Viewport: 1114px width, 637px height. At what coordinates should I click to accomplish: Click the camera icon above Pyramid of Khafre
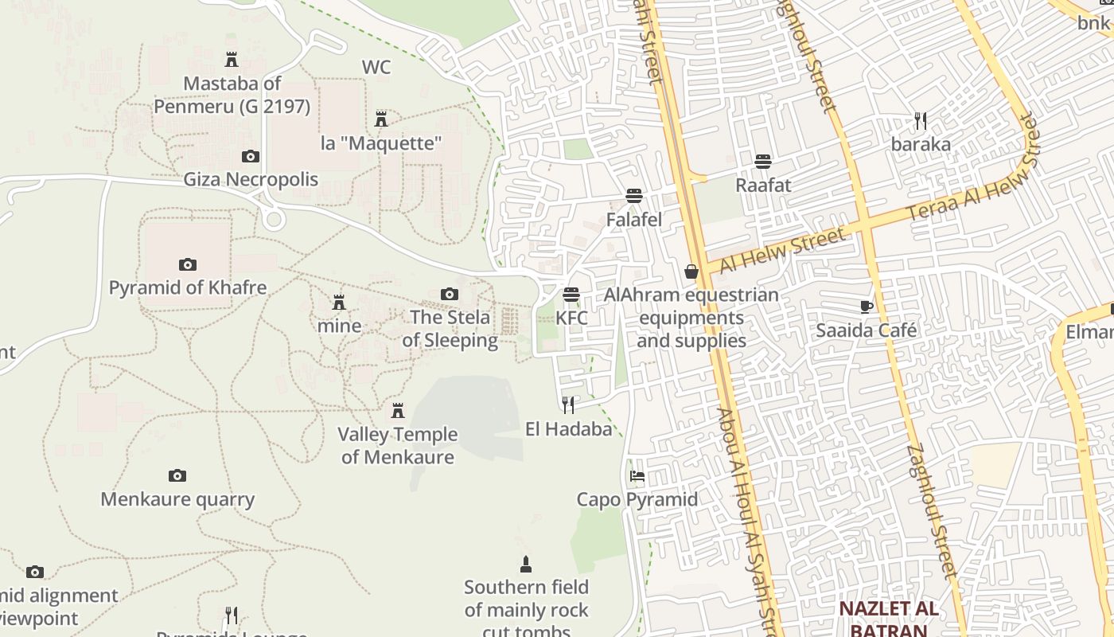pyautogui.click(x=188, y=264)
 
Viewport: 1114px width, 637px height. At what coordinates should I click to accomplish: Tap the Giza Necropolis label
pyautogui.click(x=251, y=179)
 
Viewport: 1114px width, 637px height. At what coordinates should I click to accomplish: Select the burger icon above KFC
pyautogui.click(x=571, y=295)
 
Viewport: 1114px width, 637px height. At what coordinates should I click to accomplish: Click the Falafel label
pyautogui.click(x=634, y=219)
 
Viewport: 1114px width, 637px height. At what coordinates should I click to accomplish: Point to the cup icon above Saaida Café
pyautogui.click(x=867, y=307)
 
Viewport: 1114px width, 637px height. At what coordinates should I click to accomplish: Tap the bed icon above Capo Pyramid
pyautogui.click(x=637, y=476)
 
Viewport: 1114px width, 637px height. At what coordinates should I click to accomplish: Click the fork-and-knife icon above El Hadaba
pyautogui.click(x=568, y=405)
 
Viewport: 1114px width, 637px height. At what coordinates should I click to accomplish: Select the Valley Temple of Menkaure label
pyautogui.click(x=398, y=445)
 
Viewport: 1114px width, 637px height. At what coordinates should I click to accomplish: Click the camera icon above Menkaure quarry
pyautogui.click(x=177, y=476)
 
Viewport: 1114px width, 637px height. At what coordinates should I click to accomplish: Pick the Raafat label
pyautogui.click(x=763, y=185)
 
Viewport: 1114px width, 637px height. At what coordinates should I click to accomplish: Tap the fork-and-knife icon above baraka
pyautogui.click(x=921, y=121)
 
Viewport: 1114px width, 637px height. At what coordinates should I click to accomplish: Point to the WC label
pyautogui.click(x=376, y=67)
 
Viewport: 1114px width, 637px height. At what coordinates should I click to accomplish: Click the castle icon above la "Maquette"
pyautogui.click(x=381, y=119)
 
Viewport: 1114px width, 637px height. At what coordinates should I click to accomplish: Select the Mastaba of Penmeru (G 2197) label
pyautogui.click(x=232, y=94)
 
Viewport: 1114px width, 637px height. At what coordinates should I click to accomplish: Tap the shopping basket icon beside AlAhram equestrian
pyautogui.click(x=691, y=272)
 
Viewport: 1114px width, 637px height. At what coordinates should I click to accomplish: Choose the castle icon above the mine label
pyautogui.click(x=339, y=303)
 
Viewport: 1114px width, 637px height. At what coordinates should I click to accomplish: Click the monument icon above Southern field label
pyautogui.click(x=525, y=565)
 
